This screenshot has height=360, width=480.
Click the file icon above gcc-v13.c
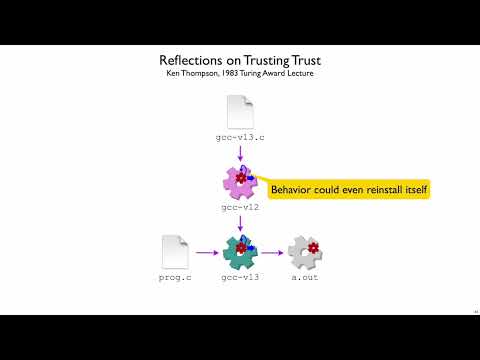pos(240,111)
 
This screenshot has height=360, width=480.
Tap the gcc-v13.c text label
pos(240,137)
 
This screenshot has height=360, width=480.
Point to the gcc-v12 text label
pos(240,207)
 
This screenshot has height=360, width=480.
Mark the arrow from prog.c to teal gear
pos(206,253)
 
